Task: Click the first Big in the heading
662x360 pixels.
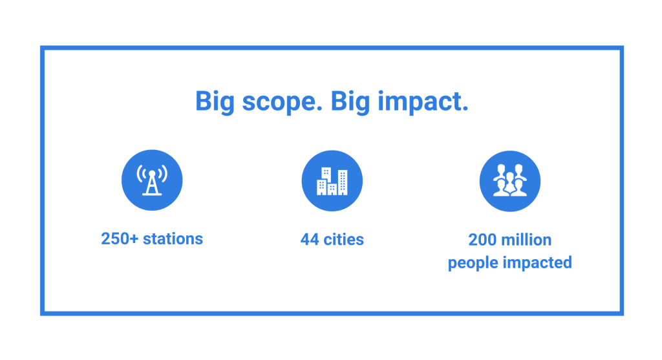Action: coord(215,102)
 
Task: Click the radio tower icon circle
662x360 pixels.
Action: coord(152,180)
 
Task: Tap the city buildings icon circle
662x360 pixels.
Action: coord(332,180)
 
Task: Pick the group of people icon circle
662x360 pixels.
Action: coord(509,180)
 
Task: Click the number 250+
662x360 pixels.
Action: coord(120,238)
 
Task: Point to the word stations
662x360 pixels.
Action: coord(173,238)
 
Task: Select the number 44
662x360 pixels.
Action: coord(310,240)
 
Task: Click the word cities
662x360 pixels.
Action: coord(343,240)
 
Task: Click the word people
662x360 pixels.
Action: coord(470,263)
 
